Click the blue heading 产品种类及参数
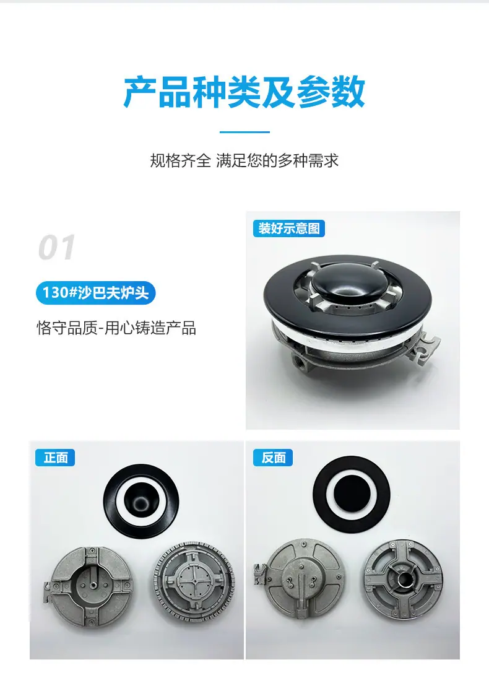244,92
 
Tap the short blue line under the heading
244,131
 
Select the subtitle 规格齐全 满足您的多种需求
244,161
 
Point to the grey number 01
56,248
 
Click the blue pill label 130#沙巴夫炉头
96,293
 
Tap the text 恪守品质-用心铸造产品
116,328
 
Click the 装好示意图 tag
288,228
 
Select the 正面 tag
55,458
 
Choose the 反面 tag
273,458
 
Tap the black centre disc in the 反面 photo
352,494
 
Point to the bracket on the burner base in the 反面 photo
261,573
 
